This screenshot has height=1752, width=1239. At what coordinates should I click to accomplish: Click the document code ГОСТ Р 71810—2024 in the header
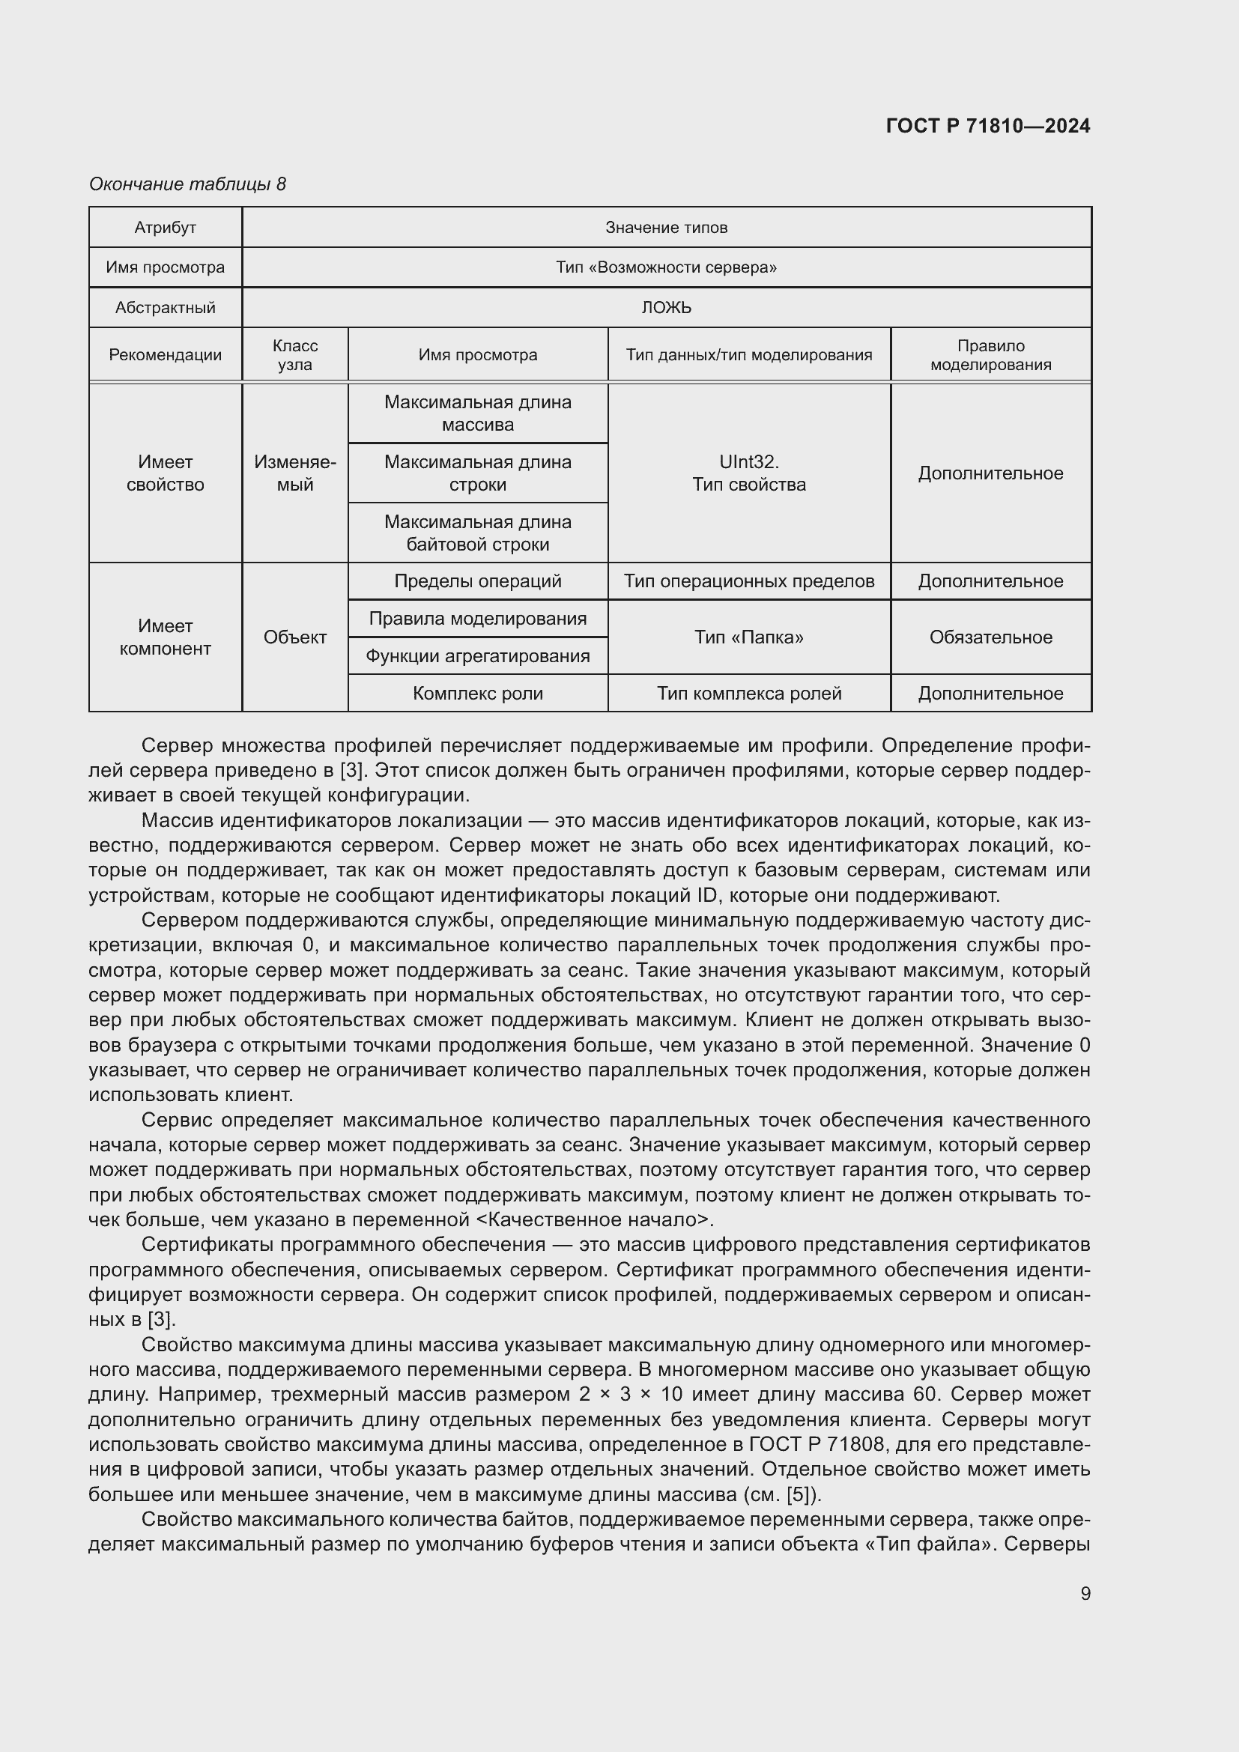click(987, 126)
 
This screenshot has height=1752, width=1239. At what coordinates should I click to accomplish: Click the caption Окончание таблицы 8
click(187, 184)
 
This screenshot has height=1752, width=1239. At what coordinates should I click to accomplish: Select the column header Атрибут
click(165, 228)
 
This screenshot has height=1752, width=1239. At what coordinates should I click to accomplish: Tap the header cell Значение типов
click(666, 228)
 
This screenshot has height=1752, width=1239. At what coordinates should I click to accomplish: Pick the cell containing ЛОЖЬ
click(666, 308)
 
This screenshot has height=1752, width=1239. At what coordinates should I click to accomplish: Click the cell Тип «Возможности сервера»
click(666, 267)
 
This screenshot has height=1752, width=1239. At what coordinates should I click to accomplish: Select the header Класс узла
click(294, 355)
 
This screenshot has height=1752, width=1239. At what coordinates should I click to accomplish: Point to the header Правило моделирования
click(990, 355)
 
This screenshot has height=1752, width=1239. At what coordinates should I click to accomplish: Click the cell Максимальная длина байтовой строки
click(478, 533)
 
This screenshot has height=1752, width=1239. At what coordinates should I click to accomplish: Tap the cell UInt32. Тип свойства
click(748, 473)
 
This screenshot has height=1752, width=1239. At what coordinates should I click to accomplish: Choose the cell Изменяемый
click(294, 473)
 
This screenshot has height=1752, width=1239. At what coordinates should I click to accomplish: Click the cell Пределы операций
click(478, 581)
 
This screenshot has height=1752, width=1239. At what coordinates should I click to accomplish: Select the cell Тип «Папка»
click(748, 637)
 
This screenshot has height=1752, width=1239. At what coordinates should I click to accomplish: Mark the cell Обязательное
click(990, 637)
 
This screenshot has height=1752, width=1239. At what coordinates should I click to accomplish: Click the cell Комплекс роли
click(478, 694)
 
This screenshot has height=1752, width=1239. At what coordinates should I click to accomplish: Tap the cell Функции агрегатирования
click(478, 656)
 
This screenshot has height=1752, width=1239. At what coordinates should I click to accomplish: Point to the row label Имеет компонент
click(165, 637)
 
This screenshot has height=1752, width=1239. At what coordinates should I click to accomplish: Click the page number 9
click(1085, 1593)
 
